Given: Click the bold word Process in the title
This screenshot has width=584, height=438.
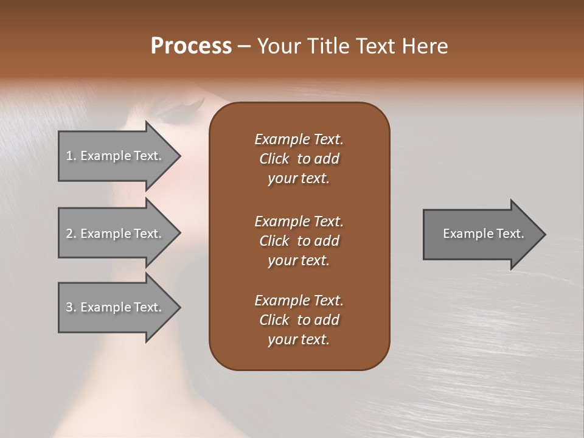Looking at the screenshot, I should tap(191, 46).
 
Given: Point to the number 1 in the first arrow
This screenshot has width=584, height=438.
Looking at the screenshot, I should tap(69, 156).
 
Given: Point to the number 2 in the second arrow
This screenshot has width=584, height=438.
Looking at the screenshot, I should tap(69, 234).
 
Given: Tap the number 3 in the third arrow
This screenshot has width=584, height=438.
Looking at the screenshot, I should tap(69, 307).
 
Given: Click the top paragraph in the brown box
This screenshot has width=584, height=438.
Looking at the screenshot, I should tap(299, 159).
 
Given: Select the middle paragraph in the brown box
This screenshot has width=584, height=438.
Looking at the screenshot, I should tap(299, 241).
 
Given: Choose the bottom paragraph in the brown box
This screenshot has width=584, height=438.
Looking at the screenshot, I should tap(299, 320).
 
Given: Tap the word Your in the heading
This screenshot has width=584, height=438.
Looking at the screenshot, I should tap(280, 46).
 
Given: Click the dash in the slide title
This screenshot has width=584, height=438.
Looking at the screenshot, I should tap(244, 47).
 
